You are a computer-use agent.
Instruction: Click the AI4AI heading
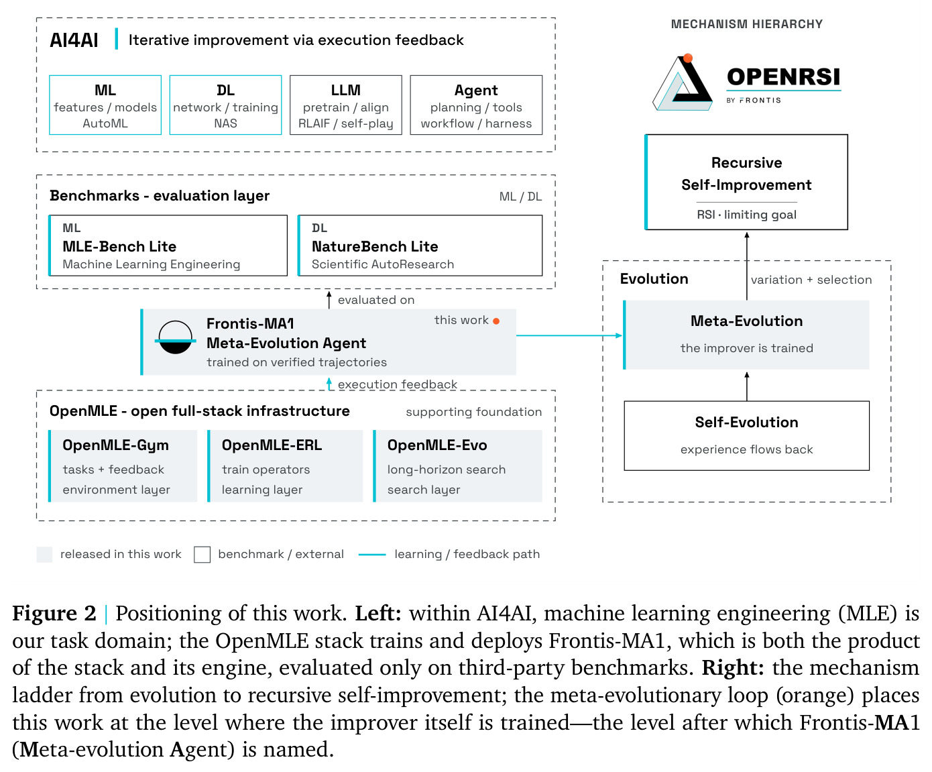pos(74,40)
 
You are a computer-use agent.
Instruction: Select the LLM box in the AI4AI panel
pos(345,105)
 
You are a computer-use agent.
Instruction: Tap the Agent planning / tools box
pos(476,105)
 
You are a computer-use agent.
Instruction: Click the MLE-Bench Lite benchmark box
pos(168,245)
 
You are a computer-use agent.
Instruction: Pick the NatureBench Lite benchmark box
pos(420,245)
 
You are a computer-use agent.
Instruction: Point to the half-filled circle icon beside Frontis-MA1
pos(176,337)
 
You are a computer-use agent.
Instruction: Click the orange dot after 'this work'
pos(496,321)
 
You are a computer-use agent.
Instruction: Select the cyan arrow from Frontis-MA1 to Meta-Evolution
pos(569,335)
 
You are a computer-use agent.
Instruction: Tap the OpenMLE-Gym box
pos(123,465)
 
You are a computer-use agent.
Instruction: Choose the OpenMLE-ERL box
pos(285,465)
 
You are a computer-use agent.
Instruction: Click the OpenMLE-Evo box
pos(457,465)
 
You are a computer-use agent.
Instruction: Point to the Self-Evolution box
pos(746,435)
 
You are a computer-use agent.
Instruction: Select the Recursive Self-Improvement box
pos(746,182)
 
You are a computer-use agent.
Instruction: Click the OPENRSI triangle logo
pos(682,82)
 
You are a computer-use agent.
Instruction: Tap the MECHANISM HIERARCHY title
pos(747,24)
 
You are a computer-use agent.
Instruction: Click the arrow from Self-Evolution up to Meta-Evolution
pos(747,386)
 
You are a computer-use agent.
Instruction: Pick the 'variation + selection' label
pos(811,280)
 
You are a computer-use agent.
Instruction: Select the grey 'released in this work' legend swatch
pos(44,554)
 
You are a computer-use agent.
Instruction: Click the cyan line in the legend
pos(372,555)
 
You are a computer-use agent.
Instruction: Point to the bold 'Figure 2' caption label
pos(54,613)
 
